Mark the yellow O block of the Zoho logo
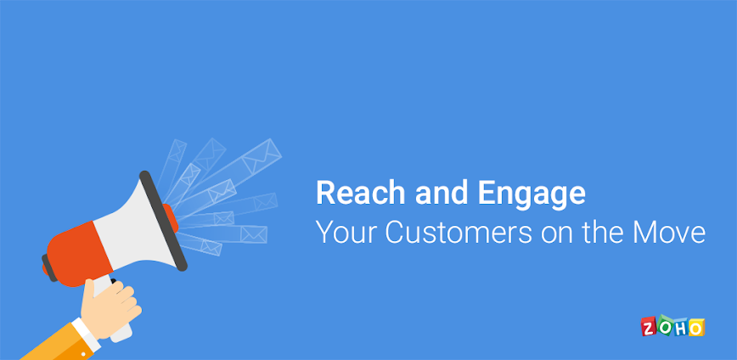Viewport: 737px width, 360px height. (x=696, y=327)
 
